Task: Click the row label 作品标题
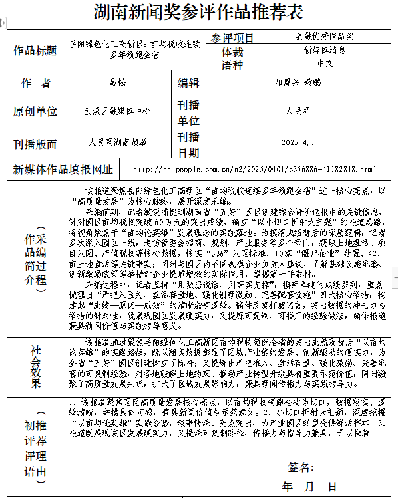(35, 51)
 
